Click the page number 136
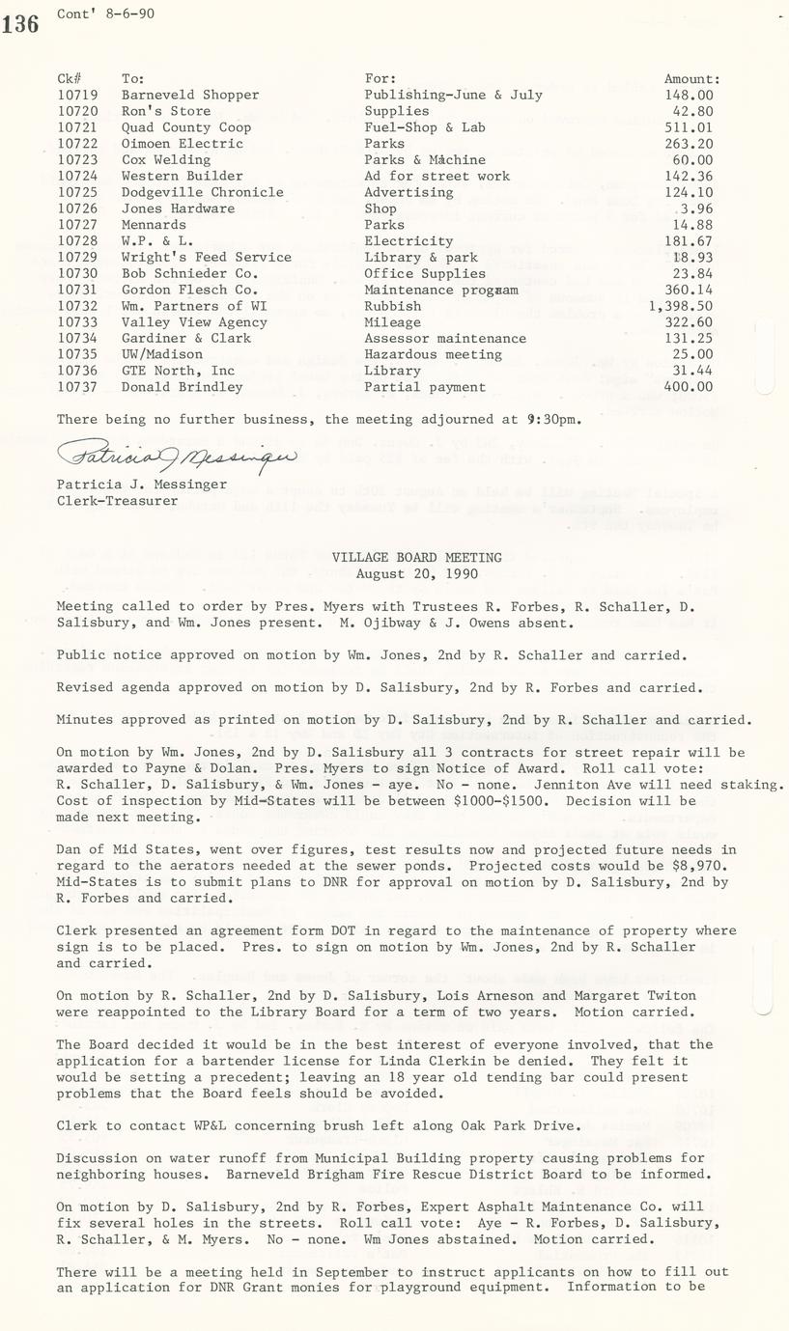[x=19, y=23]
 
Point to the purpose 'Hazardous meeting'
[x=433, y=354]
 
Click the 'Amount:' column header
[x=691, y=78]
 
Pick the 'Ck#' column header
[x=69, y=78]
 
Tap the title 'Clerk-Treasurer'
[x=117, y=500]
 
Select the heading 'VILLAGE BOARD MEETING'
[x=417, y=557]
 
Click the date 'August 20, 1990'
[x=417, y=573]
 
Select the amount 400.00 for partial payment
[x=690, y=387]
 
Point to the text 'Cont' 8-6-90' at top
[x=105, y=14]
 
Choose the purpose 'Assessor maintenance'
[x=445, y=338]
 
